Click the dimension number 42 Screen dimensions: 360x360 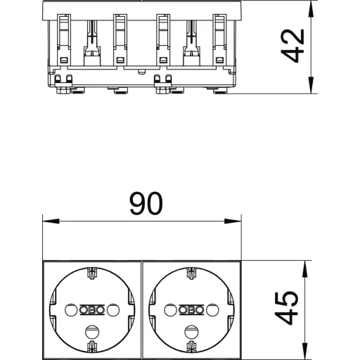[292, 46]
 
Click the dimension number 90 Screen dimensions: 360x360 [146, 203]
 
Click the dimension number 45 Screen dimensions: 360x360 [286, 308]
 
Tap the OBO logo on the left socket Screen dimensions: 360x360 [92, 310]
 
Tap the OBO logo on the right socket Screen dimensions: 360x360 [191, 310]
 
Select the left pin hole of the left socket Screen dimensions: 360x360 [71, 310]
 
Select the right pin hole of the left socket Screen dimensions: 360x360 [113, 310]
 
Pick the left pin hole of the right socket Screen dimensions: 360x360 [170, 310]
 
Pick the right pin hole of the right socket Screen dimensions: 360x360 [212, 310]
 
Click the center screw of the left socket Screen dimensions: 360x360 [92, 332]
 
